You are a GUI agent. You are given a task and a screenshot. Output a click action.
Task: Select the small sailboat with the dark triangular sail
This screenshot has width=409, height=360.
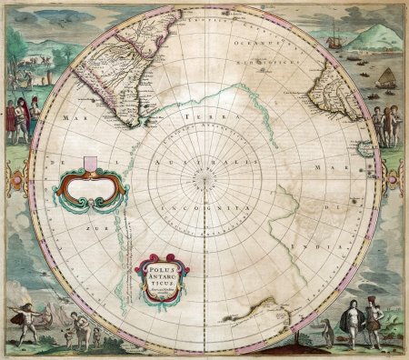pyautogui.click(x=386, y=78)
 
